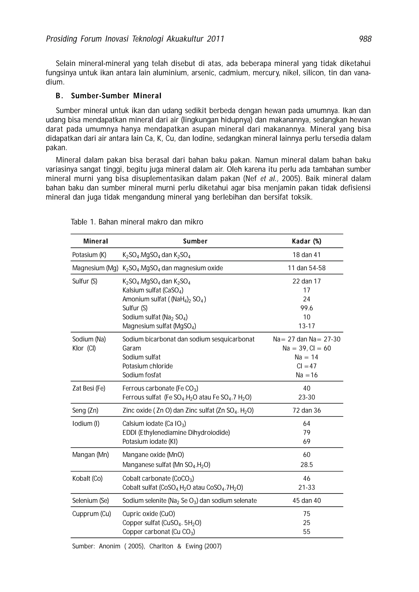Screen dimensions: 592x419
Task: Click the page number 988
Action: coord(365,39)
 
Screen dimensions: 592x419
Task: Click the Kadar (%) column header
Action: coord(306,241)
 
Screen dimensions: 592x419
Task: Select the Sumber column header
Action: coord(195,241)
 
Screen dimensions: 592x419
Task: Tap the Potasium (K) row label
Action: coord(89,255)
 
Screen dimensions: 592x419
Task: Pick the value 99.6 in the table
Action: coord(306,308)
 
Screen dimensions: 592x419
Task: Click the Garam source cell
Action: coord(132,348)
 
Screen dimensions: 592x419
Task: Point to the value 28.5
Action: coord(306,465)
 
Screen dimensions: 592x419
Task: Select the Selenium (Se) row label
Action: coord(90,501)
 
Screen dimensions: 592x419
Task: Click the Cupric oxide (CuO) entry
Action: coord(149,514)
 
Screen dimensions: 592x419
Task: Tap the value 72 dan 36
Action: coord(306,410)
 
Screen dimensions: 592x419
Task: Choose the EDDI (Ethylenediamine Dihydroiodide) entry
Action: coord(176,433)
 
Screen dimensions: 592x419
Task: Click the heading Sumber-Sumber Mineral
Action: coord(116,96)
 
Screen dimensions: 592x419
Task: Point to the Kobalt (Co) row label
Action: coord(87,479)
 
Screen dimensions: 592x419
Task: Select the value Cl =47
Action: coord(306,366)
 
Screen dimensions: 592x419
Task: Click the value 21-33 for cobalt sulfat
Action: coord(306,488)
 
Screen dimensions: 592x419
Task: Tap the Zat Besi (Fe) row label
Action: coord(89,388)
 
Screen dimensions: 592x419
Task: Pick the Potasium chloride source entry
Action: coord(148,366)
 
